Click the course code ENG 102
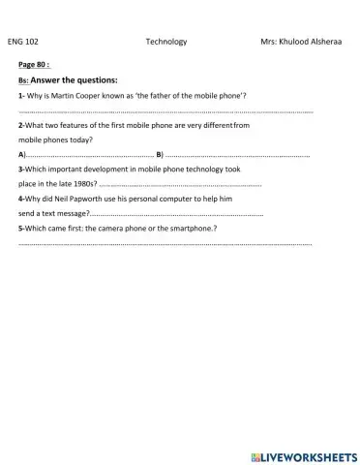click(x=23, y=43)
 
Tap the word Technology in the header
click(x=165, y=43)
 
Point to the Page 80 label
click(x=34, y=65)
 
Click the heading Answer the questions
click(x=75, y=79)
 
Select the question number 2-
click(x=21, y=126)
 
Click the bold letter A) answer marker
click(x=21, y=155)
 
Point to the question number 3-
click(x=21, y=169)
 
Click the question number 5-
click(x=21, y=228)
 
